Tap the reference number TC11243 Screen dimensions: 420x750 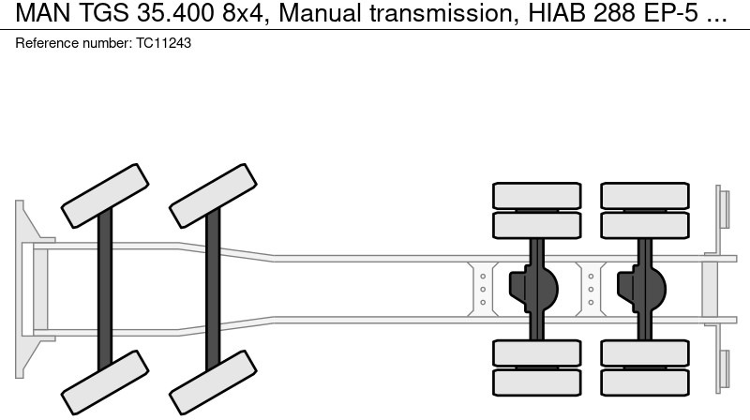(x=159, y=43)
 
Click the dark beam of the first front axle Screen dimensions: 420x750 (x=105, y=287)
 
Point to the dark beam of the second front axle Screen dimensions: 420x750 (x=214, y=287)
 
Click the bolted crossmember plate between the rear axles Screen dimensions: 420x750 (x=590, y=287)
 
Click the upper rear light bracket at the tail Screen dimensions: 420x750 (x=723, y=208)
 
